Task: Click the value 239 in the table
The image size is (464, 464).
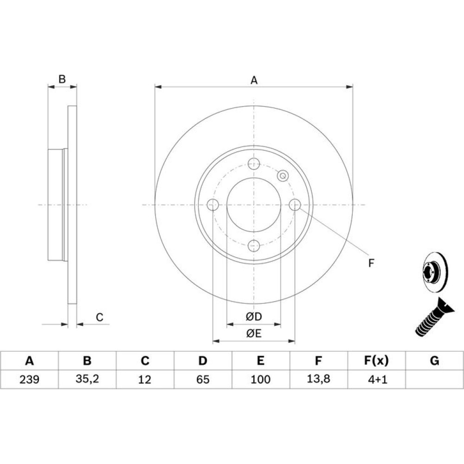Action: point(29,380)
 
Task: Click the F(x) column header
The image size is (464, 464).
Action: point(376,361)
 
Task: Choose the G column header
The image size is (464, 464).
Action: point(434,361)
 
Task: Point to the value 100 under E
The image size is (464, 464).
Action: point(260,380)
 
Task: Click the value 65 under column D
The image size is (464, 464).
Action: point(203,380)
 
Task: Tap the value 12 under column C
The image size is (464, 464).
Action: point(145,380)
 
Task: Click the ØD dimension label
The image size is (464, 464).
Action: point(254,317)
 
